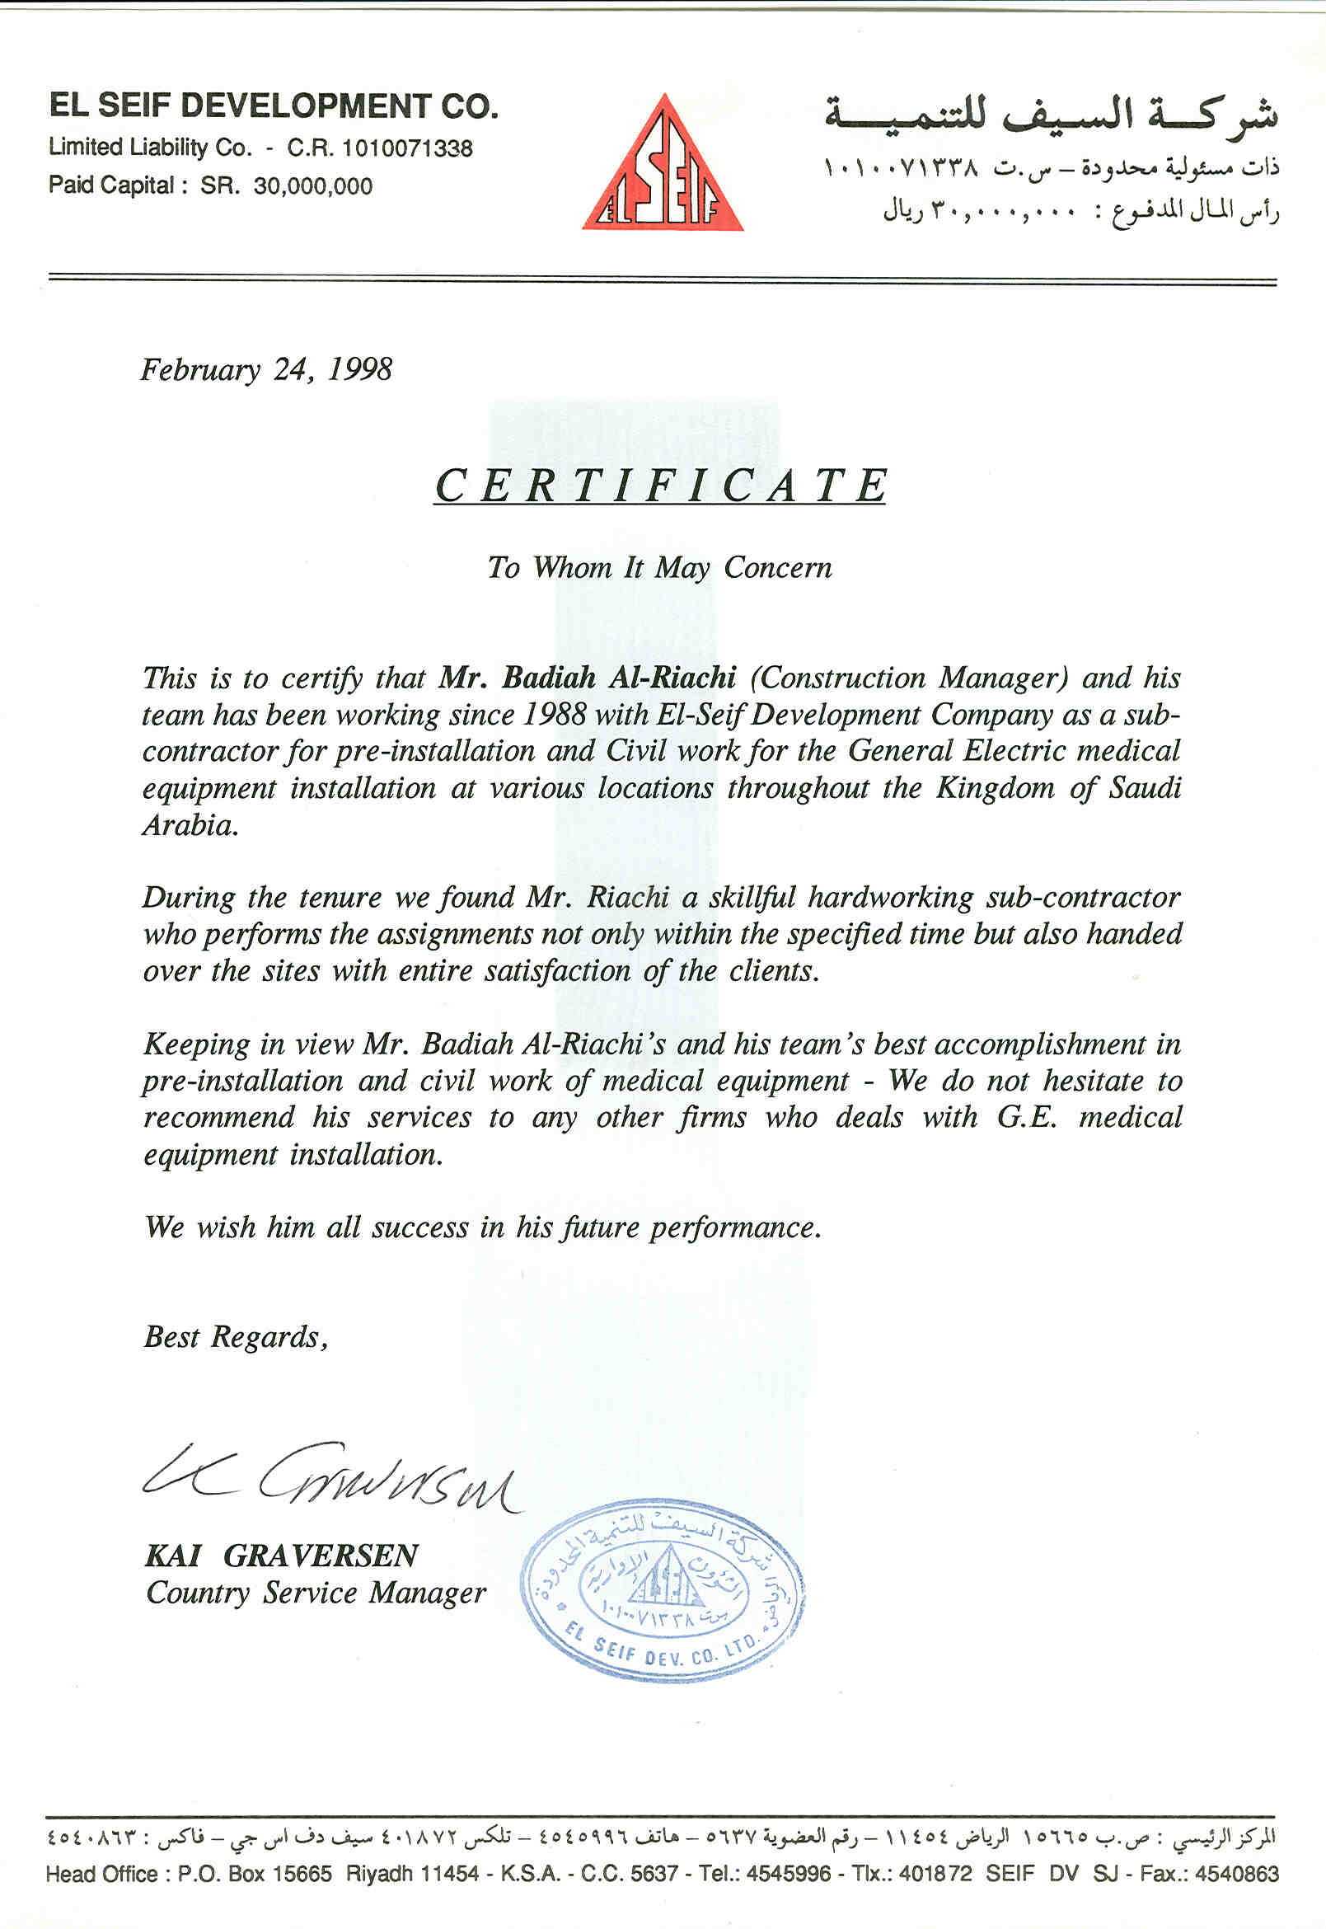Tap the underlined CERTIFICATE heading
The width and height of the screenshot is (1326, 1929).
[660, 486]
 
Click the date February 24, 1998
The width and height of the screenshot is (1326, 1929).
[266, 369]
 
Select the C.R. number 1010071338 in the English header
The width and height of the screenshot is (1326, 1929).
[407, 148]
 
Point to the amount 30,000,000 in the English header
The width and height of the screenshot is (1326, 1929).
[313, 185]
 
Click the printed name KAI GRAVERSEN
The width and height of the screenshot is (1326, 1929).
[282, 1555]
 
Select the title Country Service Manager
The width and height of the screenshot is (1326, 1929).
[316, 1593]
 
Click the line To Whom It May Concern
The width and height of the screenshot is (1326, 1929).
[659, 568]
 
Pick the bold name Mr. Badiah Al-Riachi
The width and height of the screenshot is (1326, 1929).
[588, 678]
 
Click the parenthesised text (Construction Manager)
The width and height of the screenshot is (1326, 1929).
[908, 678]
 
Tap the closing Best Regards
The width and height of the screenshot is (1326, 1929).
[235, 1336]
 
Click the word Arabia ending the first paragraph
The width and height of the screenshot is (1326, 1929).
[190, 825]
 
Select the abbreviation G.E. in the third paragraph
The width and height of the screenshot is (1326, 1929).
[1026, 1118]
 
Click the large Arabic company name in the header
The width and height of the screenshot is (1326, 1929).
[1050, 115]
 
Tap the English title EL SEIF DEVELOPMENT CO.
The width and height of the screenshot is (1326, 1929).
[274, 106]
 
